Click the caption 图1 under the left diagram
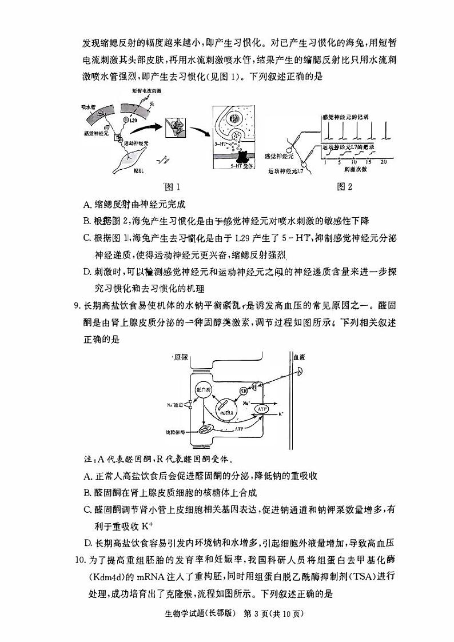pos(172,186)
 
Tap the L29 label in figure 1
pos(133,121)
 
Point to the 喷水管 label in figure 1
pos(87,106)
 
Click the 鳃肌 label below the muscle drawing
pos(138,170)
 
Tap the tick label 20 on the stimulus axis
pos(383,162)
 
